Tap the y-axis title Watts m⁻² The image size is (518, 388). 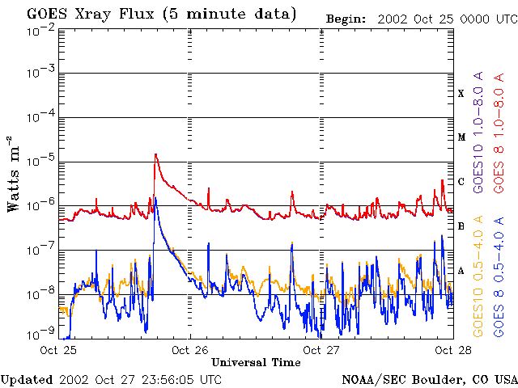[x=14, y=174]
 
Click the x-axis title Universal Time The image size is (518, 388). [x=256, y=363]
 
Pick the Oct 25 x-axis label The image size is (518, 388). [x=58, y=350]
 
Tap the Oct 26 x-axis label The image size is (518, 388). [x=189, y=350]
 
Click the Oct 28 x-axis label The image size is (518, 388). [x=453, y=350]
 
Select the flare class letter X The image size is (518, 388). [x=461, y=94]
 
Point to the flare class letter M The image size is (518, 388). [x=461, y=137]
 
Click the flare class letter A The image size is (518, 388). [x=461, y=271]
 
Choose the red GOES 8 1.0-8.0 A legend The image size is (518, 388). [x=499, y=133]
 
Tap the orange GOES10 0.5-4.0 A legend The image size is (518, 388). [x=478, y=276]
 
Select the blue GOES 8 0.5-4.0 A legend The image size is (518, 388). [x=499, y=276]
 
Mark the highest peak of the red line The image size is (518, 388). [x=155, y=154]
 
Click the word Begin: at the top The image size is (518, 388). [x=346, y=19]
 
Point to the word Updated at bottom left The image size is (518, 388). [x=27, y=380]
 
